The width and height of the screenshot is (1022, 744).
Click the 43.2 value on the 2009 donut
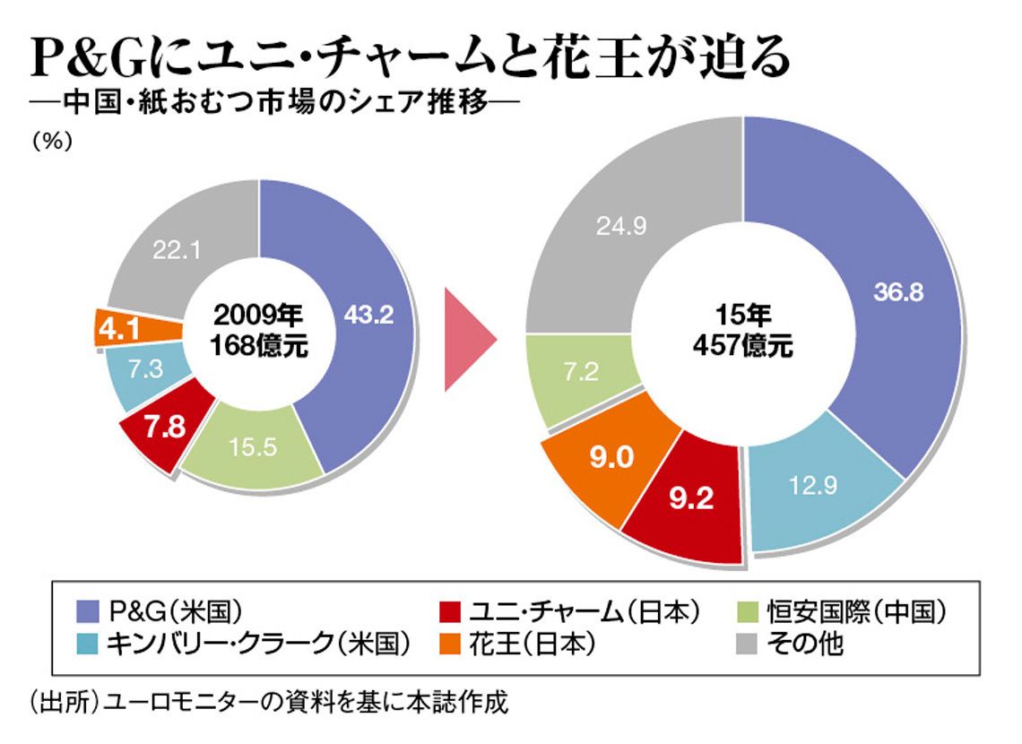368,315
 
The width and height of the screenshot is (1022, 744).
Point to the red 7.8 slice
166,427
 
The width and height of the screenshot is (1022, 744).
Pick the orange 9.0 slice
612,458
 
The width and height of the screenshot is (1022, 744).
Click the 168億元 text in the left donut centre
260,345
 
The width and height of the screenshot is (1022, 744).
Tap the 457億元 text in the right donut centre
742,346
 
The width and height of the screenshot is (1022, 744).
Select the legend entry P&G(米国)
158,613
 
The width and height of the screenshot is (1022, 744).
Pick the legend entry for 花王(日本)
517,643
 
